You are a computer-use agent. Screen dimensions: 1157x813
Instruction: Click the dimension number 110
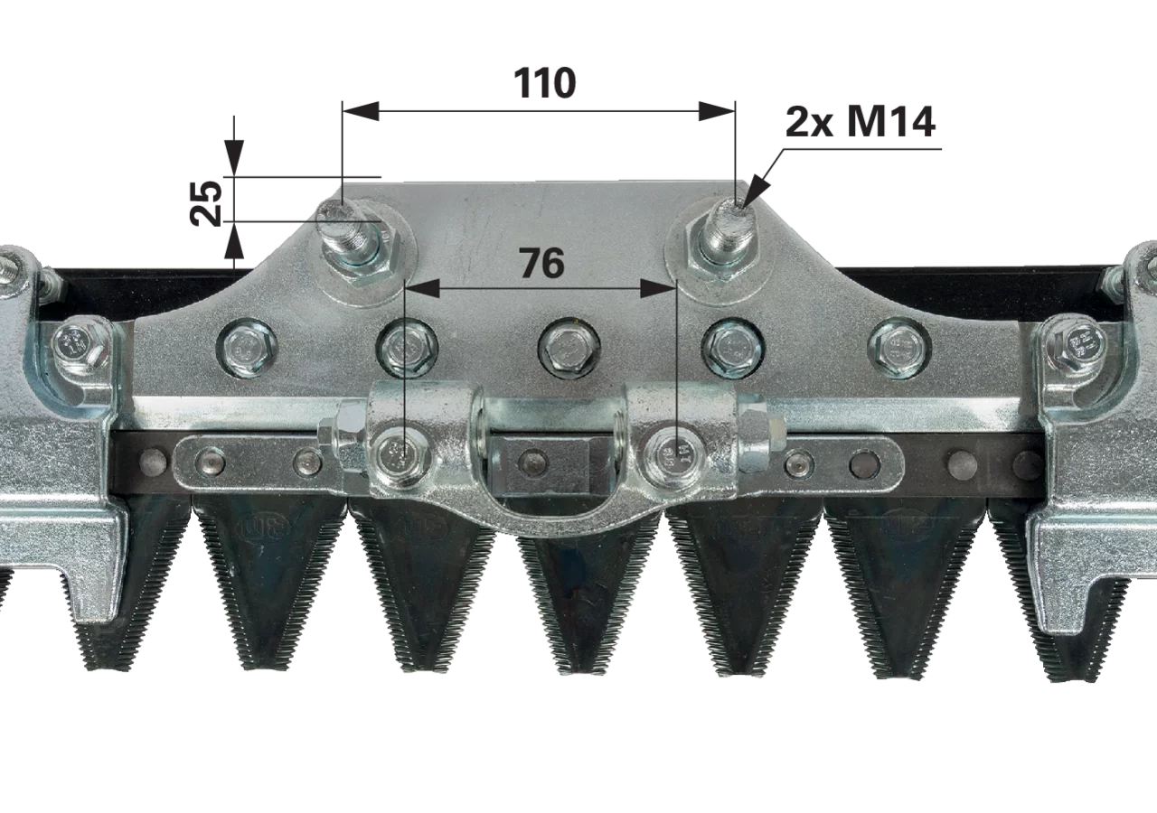click(544, 83)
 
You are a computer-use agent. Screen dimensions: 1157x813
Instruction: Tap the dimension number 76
click(541, 263)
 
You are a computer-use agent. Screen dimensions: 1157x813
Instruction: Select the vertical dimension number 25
click(206, 203)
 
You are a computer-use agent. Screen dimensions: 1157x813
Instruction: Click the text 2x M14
click(860, 122)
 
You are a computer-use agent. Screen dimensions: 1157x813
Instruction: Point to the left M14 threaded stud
click(343, 232)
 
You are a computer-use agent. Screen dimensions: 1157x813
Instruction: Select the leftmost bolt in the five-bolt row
click(248, 347)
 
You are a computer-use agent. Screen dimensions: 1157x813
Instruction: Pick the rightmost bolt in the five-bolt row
click(899, 347)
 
